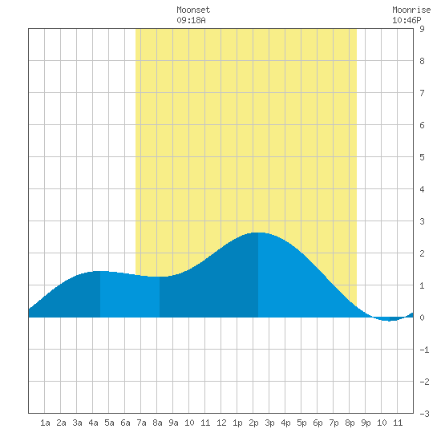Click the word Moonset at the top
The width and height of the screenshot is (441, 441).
click(x=193, y=10)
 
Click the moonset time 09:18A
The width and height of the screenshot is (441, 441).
click(x=191, y=20)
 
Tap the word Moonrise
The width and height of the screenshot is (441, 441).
click(x=411, y=10)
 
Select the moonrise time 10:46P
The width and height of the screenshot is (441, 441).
click(x=407, y=20)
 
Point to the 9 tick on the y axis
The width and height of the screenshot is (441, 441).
click(x=422, y=29)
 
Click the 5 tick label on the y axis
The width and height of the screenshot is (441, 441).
click(x=422, y=157)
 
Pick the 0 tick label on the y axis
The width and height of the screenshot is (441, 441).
click(x=422, y=318)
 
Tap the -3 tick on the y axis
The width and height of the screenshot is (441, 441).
click(x=424, y=414)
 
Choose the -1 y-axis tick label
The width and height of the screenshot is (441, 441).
click(x=424, y=350)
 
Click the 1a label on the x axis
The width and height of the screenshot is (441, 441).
click(x=45, y=423)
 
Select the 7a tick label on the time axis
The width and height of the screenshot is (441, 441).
click(x=141, y=423)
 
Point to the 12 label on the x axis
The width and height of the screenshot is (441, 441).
click(x=221, y=423)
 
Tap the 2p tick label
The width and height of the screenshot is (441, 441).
click(x=253, y=423)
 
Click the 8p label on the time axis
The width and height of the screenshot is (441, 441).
click(x=350, y=423)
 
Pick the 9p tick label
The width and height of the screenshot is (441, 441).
click(x=366, y=423)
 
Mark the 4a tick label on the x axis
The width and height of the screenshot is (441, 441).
click(x=93, y=423)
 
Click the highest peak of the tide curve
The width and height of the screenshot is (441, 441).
click(x=258, y=233)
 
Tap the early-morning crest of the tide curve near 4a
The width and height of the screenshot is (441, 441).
click(x=100, y=271)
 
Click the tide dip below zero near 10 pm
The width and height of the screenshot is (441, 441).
click(x=390, y=321)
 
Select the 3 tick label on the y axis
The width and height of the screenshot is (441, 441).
click(x=422, y=221)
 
